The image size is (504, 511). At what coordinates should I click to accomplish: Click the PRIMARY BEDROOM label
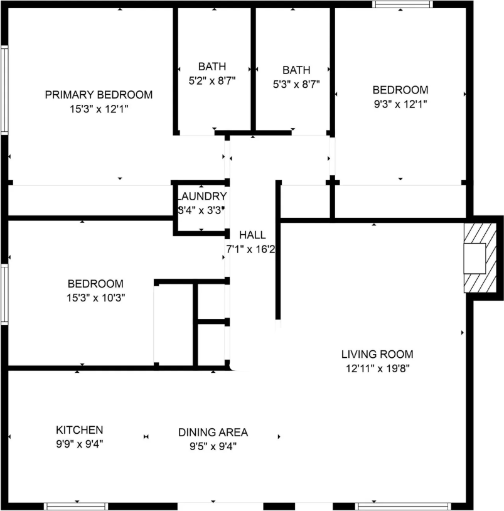(99, 95)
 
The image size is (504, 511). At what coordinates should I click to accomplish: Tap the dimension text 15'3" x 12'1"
(99, 109)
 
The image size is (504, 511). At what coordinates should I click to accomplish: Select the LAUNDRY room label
(201, 196)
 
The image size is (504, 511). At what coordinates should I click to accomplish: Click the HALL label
(252, 235)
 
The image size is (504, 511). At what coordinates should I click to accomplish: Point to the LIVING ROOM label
(377, 354)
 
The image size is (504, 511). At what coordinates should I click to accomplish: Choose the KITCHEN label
(80, 430)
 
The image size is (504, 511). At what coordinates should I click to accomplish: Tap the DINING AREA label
(213, 433)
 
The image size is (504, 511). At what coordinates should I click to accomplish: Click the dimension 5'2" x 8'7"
(212, 80)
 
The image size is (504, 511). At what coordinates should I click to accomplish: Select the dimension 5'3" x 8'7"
(296, 84)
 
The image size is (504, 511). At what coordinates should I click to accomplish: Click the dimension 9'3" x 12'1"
(400, 104)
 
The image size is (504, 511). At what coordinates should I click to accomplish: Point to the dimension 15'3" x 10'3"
(96, 298)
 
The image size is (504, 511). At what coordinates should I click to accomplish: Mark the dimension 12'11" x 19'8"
(378, 368)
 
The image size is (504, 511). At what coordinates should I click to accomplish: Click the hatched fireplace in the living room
(481, 258)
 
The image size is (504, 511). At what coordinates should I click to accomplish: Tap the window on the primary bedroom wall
(4, 90)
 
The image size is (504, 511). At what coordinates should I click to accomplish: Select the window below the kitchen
(76, 507)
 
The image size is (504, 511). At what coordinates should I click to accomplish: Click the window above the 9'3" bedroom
(403, 4)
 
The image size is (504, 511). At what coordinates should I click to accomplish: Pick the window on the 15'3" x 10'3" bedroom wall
(4, 294)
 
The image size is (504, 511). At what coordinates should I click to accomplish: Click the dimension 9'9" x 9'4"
(80, 444)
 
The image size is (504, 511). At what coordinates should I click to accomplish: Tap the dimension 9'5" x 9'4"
(213, 446)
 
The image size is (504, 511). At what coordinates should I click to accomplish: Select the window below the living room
(403, 507)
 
